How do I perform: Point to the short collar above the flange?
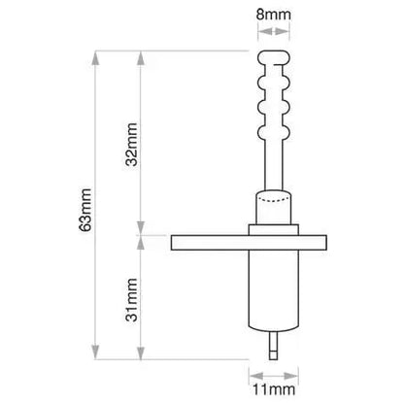pos(273,217)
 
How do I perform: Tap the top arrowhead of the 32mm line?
pos(141,55)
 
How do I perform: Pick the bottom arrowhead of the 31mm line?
pos(141,352)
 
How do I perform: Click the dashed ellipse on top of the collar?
pos(273,198)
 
